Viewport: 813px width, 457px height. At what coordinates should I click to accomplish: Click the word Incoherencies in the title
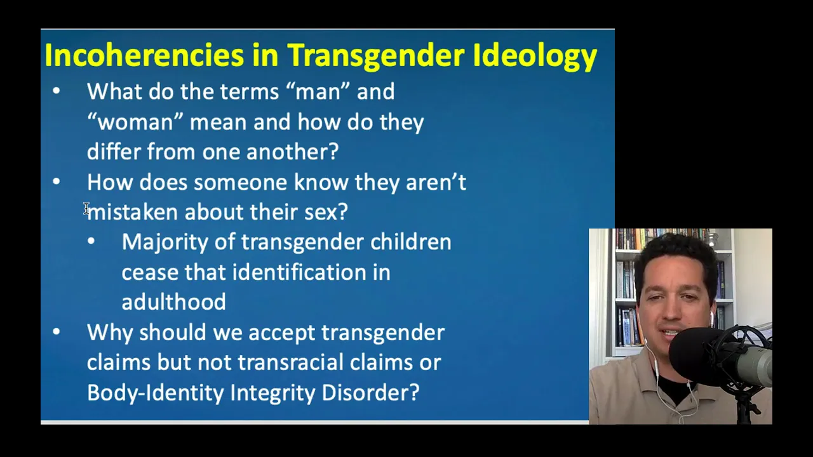click(144, 55)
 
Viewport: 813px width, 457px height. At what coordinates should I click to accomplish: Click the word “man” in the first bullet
click(318, 91)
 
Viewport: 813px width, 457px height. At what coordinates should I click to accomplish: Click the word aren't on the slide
click(436, 182)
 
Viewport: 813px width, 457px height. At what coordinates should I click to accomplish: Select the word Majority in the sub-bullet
click(165, 242)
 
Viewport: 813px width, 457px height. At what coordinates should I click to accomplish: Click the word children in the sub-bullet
click(410, 242)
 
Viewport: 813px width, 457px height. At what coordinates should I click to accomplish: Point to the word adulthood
click(173, 302)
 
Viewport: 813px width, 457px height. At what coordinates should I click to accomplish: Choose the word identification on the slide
click(299, 272)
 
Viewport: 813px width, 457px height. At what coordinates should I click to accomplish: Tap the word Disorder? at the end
click(370, 392)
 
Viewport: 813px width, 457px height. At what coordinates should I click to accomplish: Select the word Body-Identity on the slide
click(156, 393)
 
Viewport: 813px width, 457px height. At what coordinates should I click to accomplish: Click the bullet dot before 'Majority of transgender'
click(91, 241)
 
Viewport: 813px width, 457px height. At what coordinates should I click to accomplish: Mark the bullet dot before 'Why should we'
click(57, 331)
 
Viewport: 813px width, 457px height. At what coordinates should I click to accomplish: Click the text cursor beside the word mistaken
click(86, 208)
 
